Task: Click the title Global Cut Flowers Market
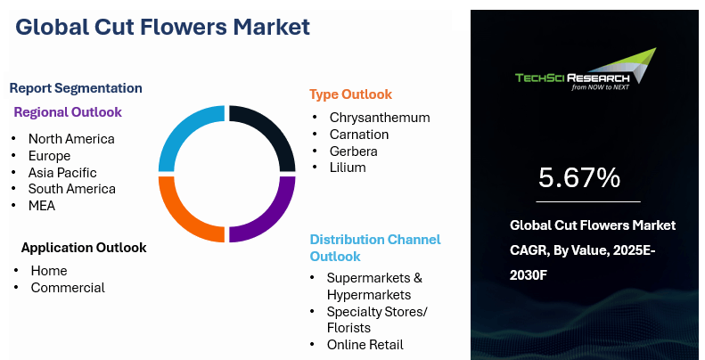click(162, 27)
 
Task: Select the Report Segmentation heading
click(76, 88)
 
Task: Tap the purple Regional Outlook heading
click(68, 112)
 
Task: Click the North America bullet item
click(71, 139)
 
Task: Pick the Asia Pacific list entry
click(62, 173)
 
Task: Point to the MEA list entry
click(42, 206)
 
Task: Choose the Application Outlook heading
click(84, 248)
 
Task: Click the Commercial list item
click(68, 288)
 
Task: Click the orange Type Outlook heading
click(350, 94)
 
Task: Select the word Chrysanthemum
click(380, 118)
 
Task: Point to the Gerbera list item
click(354, 151)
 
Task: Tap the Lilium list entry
click(348, 168)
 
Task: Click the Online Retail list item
click(365, 345)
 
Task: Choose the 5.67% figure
click(579, 177)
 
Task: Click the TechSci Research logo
click(586, 70)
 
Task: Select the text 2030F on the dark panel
click(529, 275)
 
